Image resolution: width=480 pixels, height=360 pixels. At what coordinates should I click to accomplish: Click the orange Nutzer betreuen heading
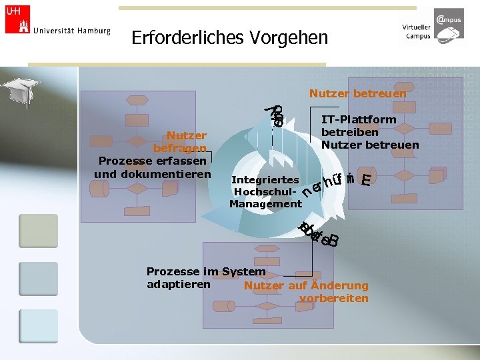357,94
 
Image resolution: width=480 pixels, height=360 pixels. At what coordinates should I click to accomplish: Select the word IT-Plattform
359,119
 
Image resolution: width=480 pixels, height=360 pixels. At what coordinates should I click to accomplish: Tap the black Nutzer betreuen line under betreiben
370,145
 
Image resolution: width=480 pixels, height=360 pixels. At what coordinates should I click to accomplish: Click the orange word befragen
179,148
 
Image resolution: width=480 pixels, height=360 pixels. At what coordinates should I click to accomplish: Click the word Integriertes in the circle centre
265,180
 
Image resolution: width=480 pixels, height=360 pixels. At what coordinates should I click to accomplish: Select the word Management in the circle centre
265,204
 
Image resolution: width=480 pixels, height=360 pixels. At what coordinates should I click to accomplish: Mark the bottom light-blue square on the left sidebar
38,326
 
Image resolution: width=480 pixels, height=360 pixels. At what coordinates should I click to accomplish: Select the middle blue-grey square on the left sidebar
38,279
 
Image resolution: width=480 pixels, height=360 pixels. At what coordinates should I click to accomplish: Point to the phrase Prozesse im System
205,271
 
